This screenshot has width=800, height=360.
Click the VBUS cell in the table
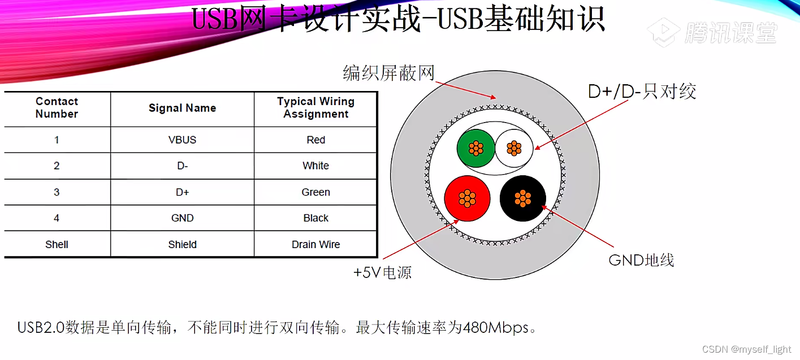coord(182,140)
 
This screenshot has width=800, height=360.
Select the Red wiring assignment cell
coord(315,140)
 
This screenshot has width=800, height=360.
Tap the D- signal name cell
coord(182,166)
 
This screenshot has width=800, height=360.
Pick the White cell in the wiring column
coord(315,166)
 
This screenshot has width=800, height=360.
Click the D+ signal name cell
coord(182,192)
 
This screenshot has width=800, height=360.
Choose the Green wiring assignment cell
coord(315,192)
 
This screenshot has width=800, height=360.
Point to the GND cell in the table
coord(182,218)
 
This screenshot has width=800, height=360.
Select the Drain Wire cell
coord(315,244)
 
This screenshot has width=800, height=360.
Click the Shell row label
coord(57,244)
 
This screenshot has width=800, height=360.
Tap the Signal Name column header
coord(182,108)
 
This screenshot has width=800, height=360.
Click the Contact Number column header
coord(57,107)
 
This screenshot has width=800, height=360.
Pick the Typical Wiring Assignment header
coord(315,107)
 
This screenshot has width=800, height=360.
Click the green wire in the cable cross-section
coord(475,148)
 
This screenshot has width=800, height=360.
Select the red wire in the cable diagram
coord(467,198)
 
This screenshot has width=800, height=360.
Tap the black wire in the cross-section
coord(523,198)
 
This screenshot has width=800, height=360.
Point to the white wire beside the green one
coord(514,148)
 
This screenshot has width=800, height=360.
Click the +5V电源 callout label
coord(383,273)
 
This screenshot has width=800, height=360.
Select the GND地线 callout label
coord(642,260)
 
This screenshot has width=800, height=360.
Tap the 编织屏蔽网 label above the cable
coord(388,73)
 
